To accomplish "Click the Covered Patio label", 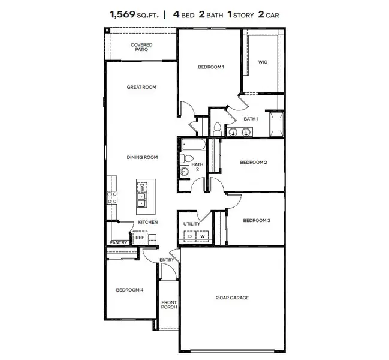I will tap(141, 47).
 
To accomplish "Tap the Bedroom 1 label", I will tap(211, 67).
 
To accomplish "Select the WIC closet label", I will tap(262, 61).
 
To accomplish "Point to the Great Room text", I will tap(141, 87).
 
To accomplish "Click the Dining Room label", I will tap(142, 157).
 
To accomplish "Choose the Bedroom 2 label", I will tap(253, 162).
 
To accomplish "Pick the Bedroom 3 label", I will tap(256, 220).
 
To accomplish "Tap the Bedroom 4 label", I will tap(129, 290).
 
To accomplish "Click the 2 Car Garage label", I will tap(231, 298).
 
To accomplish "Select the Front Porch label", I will tap(169, 305).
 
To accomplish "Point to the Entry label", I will tap(167, 260).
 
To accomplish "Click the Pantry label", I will tap(117, 242).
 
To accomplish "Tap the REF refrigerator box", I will tap(140, 238).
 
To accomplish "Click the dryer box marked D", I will tap(190, 236).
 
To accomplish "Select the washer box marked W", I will tap(203, 236).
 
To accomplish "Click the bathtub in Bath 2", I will tap(192, 146).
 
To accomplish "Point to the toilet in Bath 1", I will tap(218, 128).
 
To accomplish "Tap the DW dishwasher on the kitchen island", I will tap(143, 188).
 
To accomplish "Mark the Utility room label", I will tap(192, 224).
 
